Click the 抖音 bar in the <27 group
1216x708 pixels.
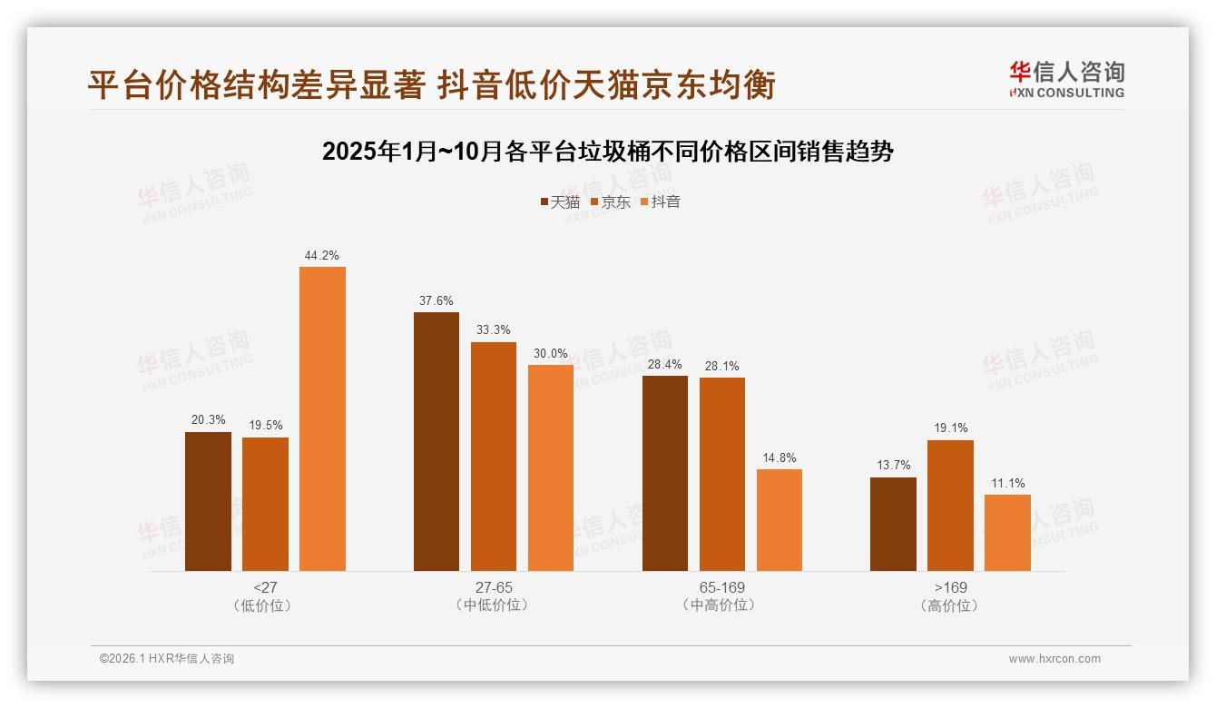coord(322,418)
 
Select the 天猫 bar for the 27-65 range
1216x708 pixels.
coord(436,441)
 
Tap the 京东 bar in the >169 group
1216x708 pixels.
coord(950,506)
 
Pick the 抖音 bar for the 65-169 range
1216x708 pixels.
coord(779,520)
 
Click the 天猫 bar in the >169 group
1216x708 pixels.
coord(893,524)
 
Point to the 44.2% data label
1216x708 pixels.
coord(322,256)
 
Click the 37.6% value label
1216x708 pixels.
coord(436,301)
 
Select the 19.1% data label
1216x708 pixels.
coord(950,428)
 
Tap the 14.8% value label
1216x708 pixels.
coord(779,458)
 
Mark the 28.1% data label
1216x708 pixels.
coord(721,367)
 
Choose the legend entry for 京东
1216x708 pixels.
coord(610,202)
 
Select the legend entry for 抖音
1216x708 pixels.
coord(660,202)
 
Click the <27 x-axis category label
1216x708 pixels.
coord(265,587)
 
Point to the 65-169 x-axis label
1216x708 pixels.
coord(721,587)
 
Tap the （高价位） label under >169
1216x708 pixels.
coord(950,605)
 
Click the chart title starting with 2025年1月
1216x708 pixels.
coord(608,152)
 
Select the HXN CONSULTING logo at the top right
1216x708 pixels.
coord(1066,80)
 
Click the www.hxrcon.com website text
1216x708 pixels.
coord(1054,659)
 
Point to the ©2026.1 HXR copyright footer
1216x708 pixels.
coord(167,659)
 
